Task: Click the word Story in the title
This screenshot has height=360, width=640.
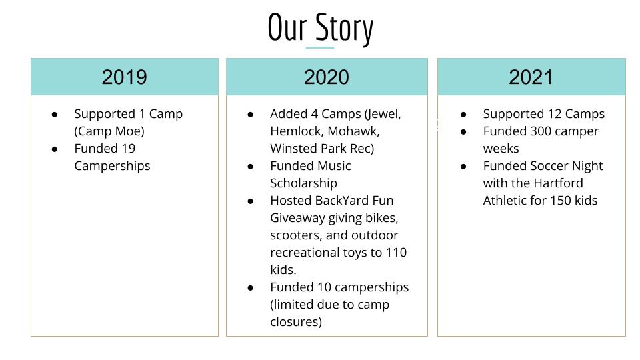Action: tap(344, 29)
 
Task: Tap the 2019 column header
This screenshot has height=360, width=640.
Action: tap(125, 77)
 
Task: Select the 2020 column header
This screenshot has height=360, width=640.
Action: tap(327, 77)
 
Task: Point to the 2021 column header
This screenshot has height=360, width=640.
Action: tap(531, 77)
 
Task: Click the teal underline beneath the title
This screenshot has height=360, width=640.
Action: tap(319, 48)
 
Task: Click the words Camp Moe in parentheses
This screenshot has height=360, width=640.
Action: tap(109, 131)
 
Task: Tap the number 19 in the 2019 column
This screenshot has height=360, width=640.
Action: tap(129, 148)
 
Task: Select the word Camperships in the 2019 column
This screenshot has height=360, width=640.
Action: tap(112, 166)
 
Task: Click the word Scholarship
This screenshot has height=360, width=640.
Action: tap(304, 183)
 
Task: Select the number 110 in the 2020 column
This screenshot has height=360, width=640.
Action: tap(396, 252)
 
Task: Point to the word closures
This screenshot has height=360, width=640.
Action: tap(296, 321)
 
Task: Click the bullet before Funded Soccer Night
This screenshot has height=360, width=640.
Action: tap(463, 167)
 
